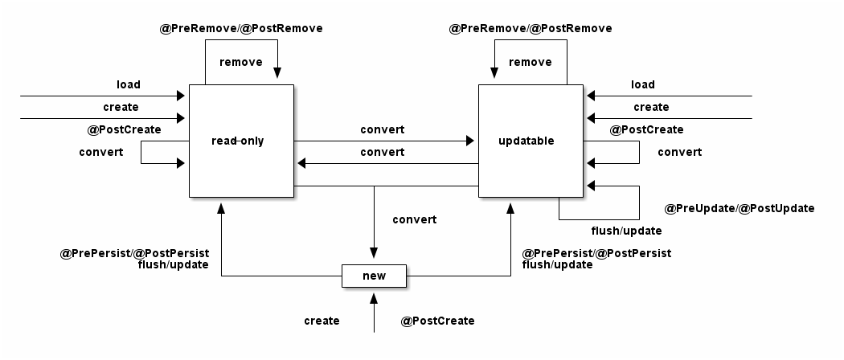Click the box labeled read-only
pyautogui.click(x=241, y=141)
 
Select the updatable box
pyautogui.click(x=531, y=141)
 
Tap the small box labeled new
pyautogui.click(x=374, y=276)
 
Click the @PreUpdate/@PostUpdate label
pyautogui.click(x=740, y=208)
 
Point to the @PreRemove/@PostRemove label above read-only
pyautogui.click(x=241, y=28)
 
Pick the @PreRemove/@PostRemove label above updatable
pyautogui.click(x=531, y=28)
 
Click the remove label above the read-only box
pyautogui.click(x=240, y=62)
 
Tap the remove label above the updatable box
pyautogui.click(x=531, y=62)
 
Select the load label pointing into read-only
pyautogui.click(x=128, y=84)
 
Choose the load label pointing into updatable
pyautogui.click(x=642, y=84)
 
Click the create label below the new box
pyautogui.click(x=322, y=321)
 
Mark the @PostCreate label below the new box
pyautogui.click(x=437, y=321)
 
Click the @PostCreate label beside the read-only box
pyautogui.click(x=124, y=129)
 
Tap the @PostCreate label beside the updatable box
pyautogui.click(x=647, y=129)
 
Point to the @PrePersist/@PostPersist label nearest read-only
pyautogui.click(x=134, y=253)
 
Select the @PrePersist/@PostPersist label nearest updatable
pyautogui.click(x=596, y=253)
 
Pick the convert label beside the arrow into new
pyautogui.click(x=415, y=219)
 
